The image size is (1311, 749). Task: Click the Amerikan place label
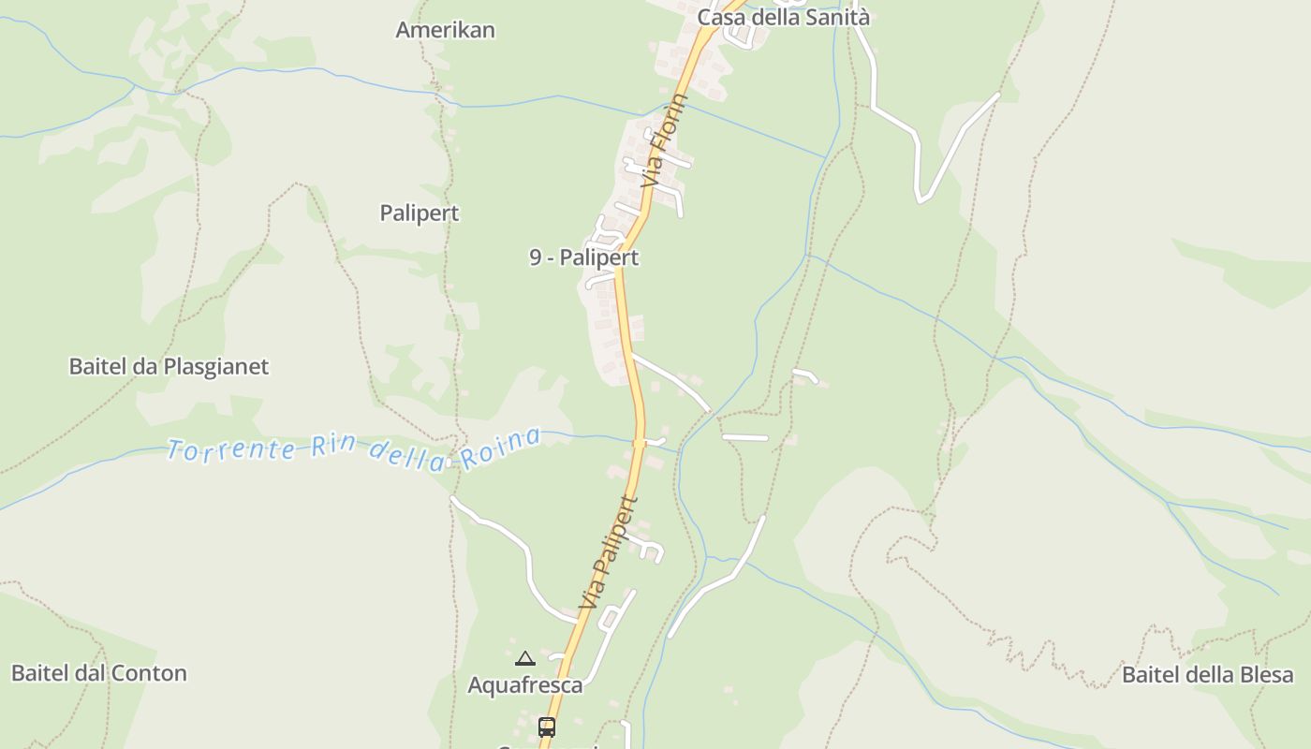tap(445, 30)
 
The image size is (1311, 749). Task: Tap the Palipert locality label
tap(420, 213)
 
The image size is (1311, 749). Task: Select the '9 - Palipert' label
tap(583, 257)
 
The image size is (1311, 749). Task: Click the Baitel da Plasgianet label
tap(169, 366)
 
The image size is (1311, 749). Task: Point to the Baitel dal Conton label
tap(99, 673)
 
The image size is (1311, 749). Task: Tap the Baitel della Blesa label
tap(1207, 675)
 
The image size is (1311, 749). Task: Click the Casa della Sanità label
tap(784, 17)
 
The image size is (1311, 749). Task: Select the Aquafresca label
tap(524, 685)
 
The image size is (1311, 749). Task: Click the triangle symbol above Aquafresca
tap(525, 659)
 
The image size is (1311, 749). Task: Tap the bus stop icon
tap(546, 727)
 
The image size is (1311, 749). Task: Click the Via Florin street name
tap(664, 140)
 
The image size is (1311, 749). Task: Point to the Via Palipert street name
tap(609, 552)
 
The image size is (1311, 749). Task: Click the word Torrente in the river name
tap(231, 449)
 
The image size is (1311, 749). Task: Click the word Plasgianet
tap(216, 366)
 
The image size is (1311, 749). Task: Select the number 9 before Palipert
tap(536, 257)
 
